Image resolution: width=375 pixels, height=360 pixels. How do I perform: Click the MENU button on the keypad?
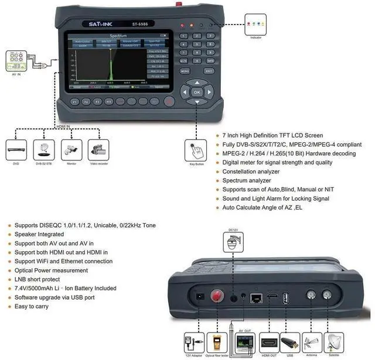[x=184, y=71]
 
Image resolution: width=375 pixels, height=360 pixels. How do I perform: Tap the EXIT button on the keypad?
[x=209, y=71]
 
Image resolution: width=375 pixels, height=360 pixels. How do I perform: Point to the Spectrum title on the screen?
[x=118, y=36]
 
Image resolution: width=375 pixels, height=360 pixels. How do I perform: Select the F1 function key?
[x=75, y=101]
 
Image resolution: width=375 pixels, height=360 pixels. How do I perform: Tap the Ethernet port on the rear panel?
[x=256, y=297]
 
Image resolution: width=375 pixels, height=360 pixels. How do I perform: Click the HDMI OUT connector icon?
[x=270, y=341]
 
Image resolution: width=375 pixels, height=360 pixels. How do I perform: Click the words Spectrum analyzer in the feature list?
[x=247, y=181]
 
